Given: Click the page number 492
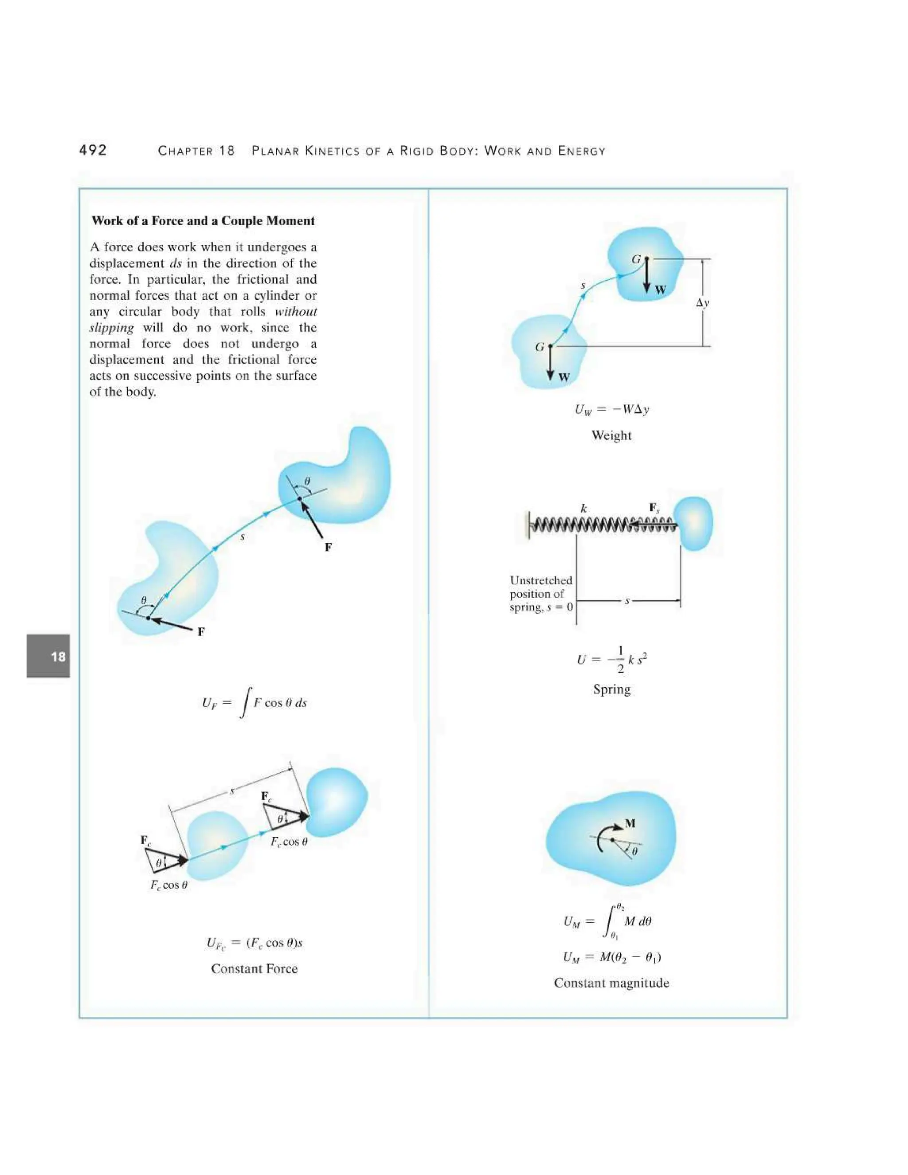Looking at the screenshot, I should point(93,150).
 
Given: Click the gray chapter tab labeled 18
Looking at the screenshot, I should point(48,656).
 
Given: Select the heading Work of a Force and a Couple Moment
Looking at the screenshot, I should point(203,221).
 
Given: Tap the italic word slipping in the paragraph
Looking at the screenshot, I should point(111,328).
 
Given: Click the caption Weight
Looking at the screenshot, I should point(611,435).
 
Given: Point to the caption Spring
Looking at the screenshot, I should point(611,689).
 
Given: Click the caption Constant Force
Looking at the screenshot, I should point(254,968).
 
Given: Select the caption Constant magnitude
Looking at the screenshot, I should point(611,983).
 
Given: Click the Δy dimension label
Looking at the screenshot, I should point(702,302).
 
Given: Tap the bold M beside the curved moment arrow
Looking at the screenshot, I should point(630,823).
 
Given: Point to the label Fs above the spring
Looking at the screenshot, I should point(654,508).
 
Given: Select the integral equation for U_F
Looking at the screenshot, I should point(254,703).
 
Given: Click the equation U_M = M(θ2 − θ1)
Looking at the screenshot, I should point(611,956).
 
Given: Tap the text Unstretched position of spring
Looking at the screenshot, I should point(540,593).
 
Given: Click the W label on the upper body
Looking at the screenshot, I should point(661,290).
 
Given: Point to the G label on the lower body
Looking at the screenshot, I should point(540,347).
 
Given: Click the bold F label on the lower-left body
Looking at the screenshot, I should point(201,631).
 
